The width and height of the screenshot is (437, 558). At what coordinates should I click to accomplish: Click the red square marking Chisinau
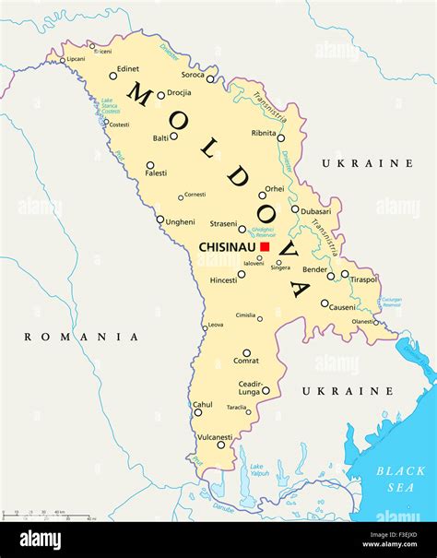[x=264, y=247]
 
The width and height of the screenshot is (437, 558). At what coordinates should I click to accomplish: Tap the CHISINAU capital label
[x=228, y=247]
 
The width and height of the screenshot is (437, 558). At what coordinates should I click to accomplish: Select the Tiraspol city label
[x=362, y=279]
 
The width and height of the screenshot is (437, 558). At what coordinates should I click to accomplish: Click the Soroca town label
[x=193, y=75]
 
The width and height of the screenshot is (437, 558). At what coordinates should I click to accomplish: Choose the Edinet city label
[x=128, y=68]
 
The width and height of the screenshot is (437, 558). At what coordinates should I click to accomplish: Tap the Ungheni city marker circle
[x=160, y=220]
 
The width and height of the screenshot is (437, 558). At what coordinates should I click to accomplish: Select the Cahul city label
[x=202, y=404]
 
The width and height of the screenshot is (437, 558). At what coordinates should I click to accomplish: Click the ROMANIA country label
[x=81, y=337]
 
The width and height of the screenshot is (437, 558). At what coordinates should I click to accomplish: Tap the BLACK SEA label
[x=400, y=478]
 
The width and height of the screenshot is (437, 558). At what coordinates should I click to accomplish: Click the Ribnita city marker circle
[x=281, y=138]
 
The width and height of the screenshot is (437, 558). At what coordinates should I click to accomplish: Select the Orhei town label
[x=275, y=189]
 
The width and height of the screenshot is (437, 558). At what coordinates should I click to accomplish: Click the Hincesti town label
[x=224, y=279]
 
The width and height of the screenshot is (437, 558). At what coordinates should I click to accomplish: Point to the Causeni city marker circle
[x=325, y=303]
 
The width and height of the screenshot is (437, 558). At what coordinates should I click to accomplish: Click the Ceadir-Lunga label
[x=251, y=387]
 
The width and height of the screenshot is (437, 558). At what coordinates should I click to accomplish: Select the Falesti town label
[x=156, y=172]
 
